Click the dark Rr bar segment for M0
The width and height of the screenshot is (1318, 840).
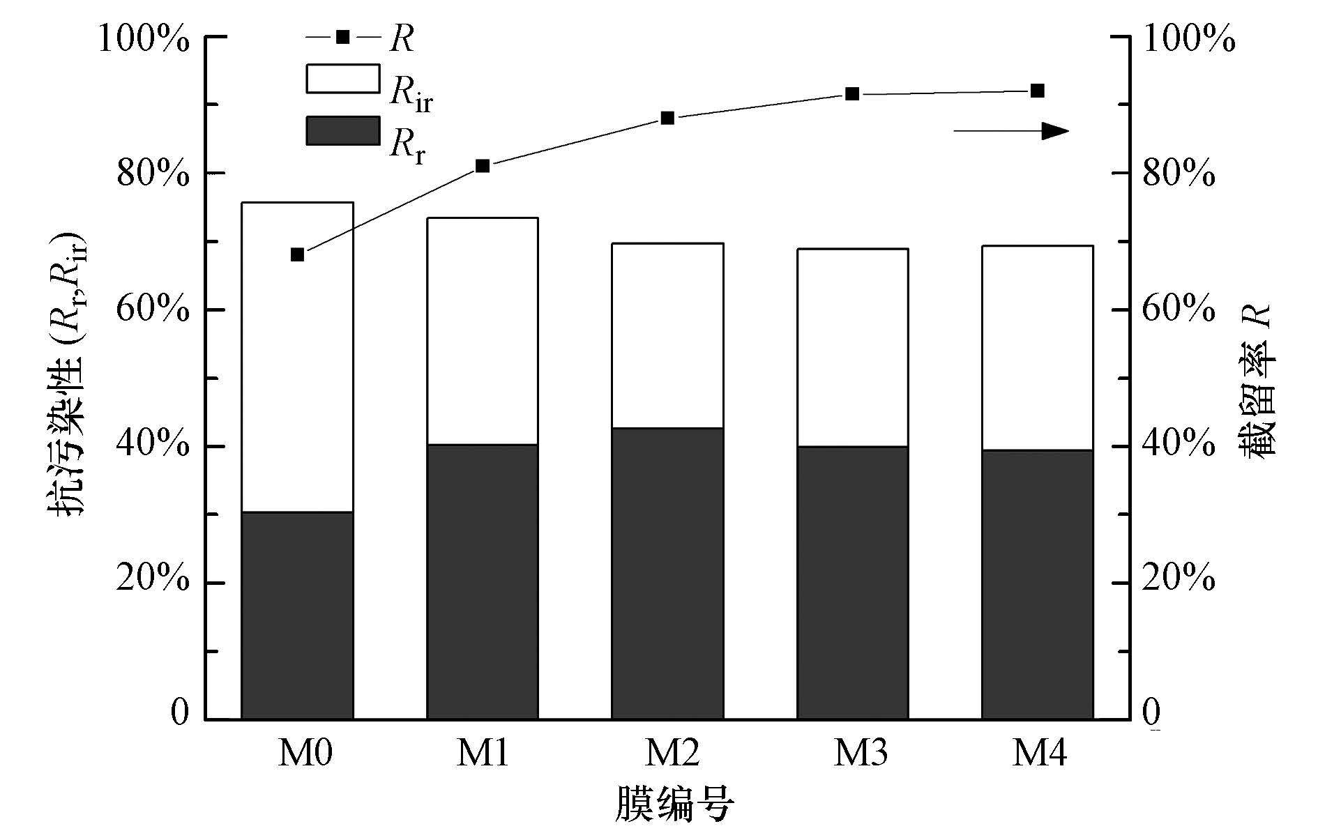coord(297,615)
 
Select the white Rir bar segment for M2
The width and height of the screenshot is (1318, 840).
coord(667,335)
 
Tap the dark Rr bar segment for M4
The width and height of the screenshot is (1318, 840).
coord(1037,584)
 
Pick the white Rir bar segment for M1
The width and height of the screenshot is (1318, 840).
coord(483,331)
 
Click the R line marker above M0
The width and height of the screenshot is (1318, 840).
coord(297,254)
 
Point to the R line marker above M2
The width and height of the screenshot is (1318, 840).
coord(667,118)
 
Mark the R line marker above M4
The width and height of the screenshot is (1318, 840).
coord(1037,91)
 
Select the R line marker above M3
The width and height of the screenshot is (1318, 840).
coord(852,94)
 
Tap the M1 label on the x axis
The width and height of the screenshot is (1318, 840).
coord(483,754)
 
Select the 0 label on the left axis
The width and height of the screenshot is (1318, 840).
coord(180,712)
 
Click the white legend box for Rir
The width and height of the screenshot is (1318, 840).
coord(343,79)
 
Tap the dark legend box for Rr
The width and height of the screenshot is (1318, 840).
coord(343,130)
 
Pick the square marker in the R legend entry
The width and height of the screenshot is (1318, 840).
coord(343,37)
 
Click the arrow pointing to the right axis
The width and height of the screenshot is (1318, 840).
coord(1011,131)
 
